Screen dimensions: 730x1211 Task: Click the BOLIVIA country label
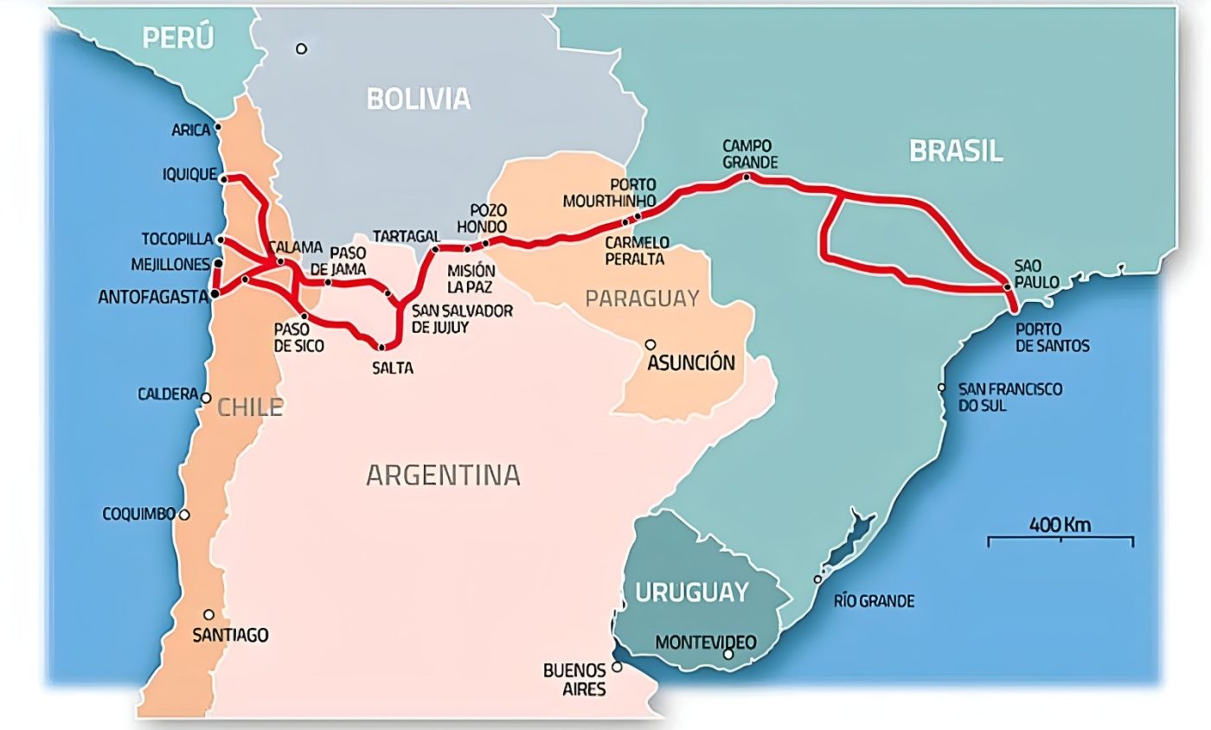point(419,99)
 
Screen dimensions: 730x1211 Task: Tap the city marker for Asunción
point(650,344)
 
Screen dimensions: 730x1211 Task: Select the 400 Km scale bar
point(1060,540)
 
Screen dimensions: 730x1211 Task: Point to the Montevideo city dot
point(728,655)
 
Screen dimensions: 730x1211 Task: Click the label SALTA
point(393,368)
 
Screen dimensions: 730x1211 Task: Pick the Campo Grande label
point(750,154)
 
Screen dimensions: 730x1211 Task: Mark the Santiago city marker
point(208,615)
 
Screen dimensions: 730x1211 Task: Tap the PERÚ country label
point(178,38)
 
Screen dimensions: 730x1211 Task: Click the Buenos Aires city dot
point(617,667)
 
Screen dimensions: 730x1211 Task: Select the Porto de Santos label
point(1052,337)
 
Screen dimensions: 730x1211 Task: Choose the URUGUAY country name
point(691,592)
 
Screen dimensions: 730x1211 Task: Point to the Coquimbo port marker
point(183,515)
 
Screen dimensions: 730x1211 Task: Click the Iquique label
point(189,175)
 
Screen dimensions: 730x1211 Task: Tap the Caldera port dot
point(206,398)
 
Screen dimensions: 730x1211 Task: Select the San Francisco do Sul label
point(1009,397)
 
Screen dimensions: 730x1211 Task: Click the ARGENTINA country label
point(443,475)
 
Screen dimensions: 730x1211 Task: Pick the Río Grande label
point(874,601)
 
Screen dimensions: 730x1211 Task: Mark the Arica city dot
point(218,127)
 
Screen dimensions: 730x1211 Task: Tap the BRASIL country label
point(955,150)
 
